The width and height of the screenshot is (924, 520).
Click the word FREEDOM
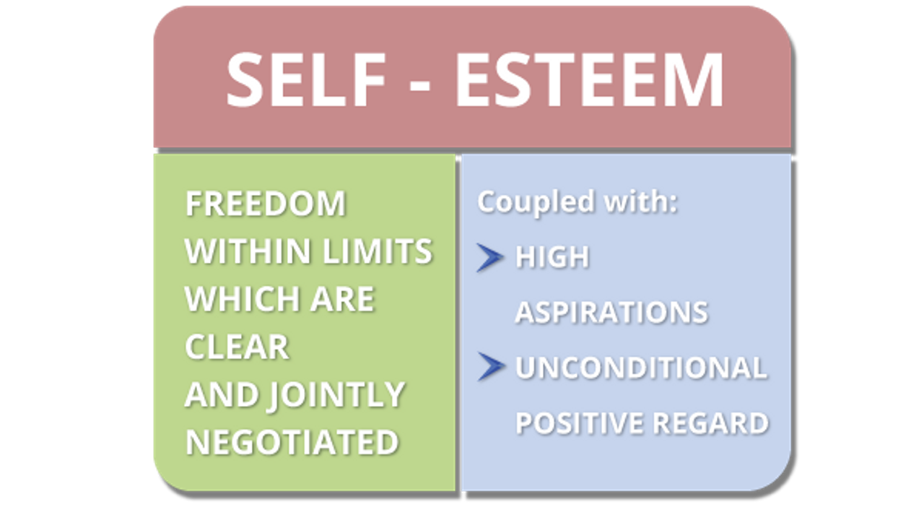pyautogui.click(x=265, y=204)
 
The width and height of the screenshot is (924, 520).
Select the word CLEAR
pyautogui.click(x=237, y=347)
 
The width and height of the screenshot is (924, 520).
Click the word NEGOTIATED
pyautogui.click(x=292, y=443)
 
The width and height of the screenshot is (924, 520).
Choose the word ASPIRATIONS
pyautogui.click(x=611, y=313)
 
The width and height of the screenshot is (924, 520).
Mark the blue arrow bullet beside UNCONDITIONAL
pyautogui.click(x=490, y=368)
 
